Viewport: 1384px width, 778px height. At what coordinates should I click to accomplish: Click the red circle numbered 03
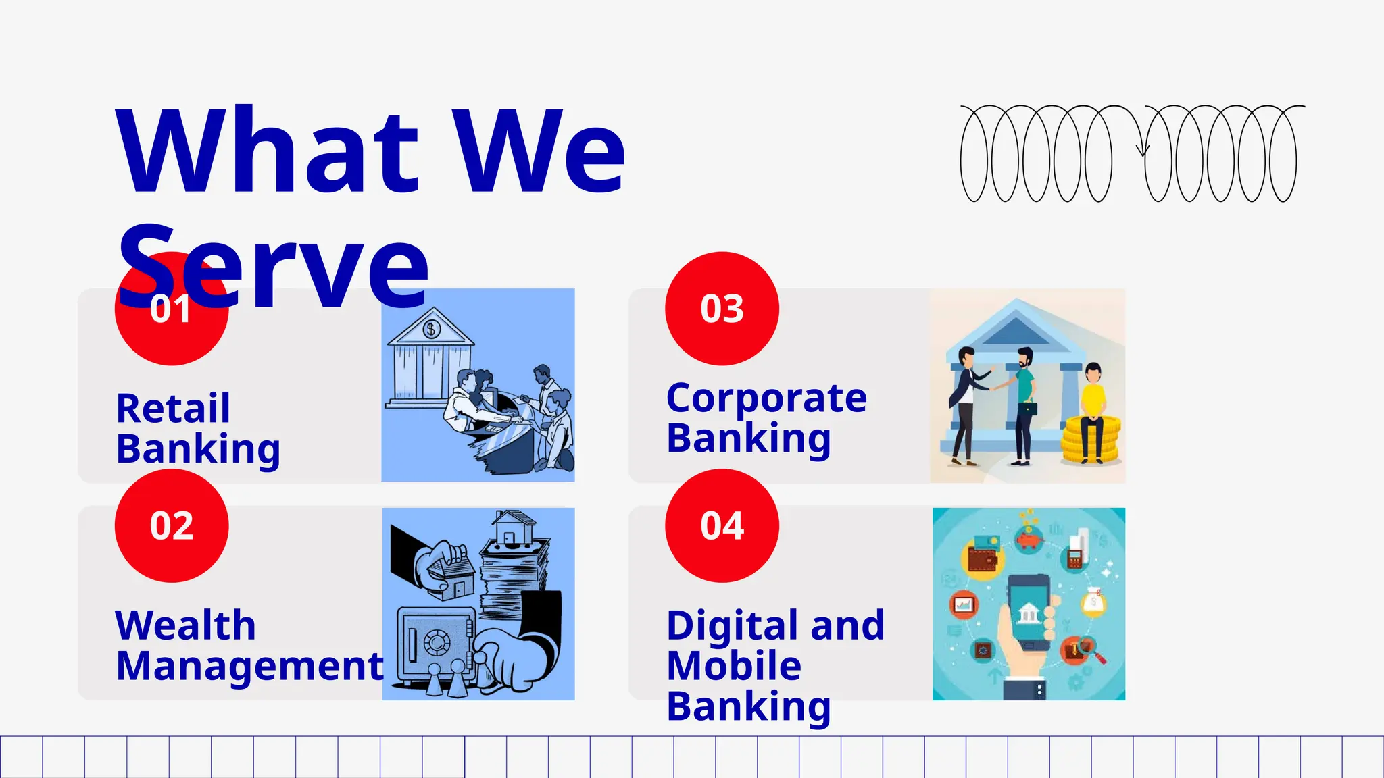pos(722,309)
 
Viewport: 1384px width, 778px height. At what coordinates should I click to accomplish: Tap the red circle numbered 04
pos(722,525)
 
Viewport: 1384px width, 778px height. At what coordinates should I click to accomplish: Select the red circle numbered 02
pos(172,525)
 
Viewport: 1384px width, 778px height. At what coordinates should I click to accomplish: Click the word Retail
pos(173,409)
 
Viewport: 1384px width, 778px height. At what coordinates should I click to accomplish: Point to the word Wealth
pos(186,625)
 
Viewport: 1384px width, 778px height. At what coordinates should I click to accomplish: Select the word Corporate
pos(766,398)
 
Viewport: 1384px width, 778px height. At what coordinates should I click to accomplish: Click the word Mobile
pos(734,666)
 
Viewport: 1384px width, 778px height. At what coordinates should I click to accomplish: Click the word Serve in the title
pos(274,267)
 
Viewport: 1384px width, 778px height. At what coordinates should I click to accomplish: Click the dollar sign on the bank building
pos(431,330)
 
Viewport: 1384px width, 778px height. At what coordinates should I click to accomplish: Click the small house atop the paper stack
pos(514,529)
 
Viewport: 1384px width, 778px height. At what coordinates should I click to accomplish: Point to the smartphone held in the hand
pos(1029,611)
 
